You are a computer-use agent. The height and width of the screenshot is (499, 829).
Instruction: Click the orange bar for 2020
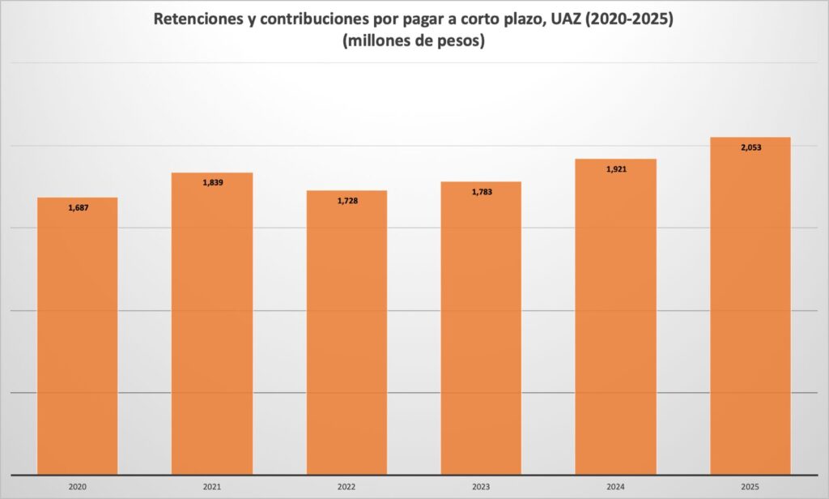[x=78, y=340]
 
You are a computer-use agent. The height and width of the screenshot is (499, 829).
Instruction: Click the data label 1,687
[x=79, y=208]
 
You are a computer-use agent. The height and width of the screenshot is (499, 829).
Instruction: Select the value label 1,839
[x=213, y=182]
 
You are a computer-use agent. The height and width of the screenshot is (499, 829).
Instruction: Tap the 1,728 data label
[x=347, y=200]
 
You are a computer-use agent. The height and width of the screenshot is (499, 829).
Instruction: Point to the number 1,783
[x=482, y=192]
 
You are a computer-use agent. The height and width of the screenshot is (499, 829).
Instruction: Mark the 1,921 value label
[x=616, y=169]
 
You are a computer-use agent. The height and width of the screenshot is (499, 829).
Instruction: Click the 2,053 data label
[x=750, y=147]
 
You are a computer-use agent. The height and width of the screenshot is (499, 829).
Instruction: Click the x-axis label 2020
[x=78, y=488]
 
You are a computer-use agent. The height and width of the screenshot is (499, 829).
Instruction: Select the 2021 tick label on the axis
[x=212, y=488]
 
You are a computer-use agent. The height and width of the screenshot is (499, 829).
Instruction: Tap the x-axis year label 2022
[x=346, y=488]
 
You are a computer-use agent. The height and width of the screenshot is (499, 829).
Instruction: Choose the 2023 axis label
[x=481, y=488]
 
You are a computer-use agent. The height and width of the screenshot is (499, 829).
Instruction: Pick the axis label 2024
[x=615, y=488]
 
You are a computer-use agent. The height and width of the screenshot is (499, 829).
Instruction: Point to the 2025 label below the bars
[x=750, y=488]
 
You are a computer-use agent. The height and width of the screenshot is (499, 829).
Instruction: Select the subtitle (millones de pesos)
[x=414, y=42]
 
